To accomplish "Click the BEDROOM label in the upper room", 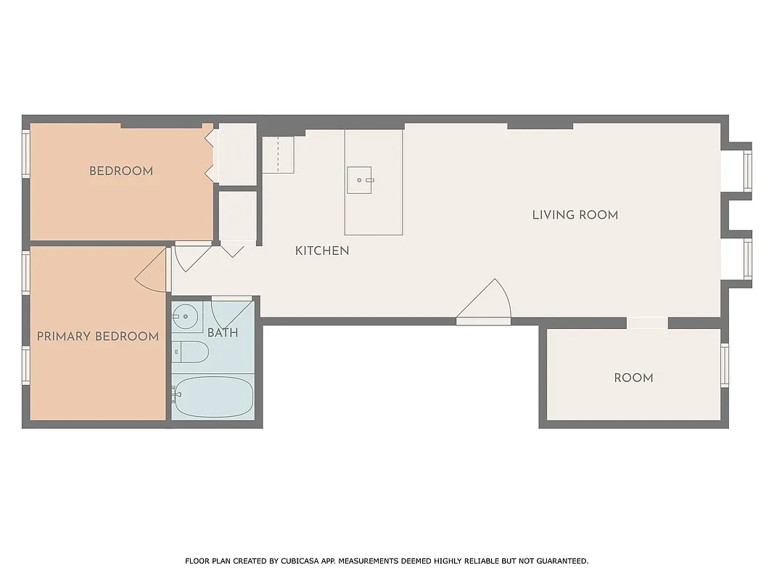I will point(121,171).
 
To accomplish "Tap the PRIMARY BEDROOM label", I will point(98,336).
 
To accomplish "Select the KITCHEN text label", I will point(322,251).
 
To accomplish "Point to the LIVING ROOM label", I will point(575,215).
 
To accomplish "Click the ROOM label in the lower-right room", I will point(633,378).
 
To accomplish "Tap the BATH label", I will point(223,333).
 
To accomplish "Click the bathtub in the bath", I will point(213,397).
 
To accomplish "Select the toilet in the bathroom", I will point(190,353).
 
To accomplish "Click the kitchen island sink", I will point(360,179).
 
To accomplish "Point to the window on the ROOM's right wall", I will point(724,365).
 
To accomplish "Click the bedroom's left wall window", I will point(26,153).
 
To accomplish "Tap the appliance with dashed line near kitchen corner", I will point(278,154).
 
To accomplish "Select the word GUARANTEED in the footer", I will point(562,561).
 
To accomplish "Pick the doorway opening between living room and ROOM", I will point(647,323).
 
